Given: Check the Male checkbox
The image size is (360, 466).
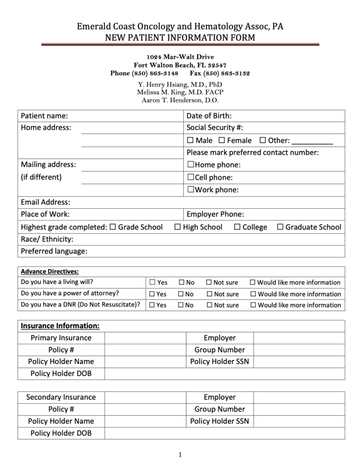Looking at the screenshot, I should click(190, 141).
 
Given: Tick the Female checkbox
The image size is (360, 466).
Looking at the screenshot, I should click(222, 141).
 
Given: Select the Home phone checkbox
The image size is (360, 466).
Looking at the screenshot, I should click(191, 165).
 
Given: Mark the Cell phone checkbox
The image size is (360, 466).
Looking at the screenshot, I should click(191, 177).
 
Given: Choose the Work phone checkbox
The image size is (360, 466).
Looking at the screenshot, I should click(191, 190).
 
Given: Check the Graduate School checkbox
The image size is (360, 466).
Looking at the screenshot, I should click(280, 227).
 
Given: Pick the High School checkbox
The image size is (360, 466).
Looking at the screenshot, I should click(177, 227).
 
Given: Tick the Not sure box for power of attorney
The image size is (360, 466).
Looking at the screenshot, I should click(209, 294).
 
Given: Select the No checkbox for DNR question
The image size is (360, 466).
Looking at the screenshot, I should click(181, 305).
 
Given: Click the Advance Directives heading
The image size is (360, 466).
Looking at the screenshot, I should click(50, 272).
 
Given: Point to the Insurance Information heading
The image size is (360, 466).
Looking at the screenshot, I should click(60, 326).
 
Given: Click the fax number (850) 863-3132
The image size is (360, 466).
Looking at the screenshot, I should click(220, 73).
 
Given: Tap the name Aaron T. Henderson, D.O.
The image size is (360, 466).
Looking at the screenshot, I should click(180, 100).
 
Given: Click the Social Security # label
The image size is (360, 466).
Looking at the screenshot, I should click(218, 128).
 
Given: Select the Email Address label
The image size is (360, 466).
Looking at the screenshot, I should click(46, 202).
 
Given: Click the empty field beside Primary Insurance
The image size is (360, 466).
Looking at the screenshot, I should click(145, 338).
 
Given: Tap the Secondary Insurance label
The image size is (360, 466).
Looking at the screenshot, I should click(61, 397).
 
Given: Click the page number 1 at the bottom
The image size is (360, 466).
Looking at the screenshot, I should click(180, 454).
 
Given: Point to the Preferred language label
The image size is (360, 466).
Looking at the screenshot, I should click(54, 251).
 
